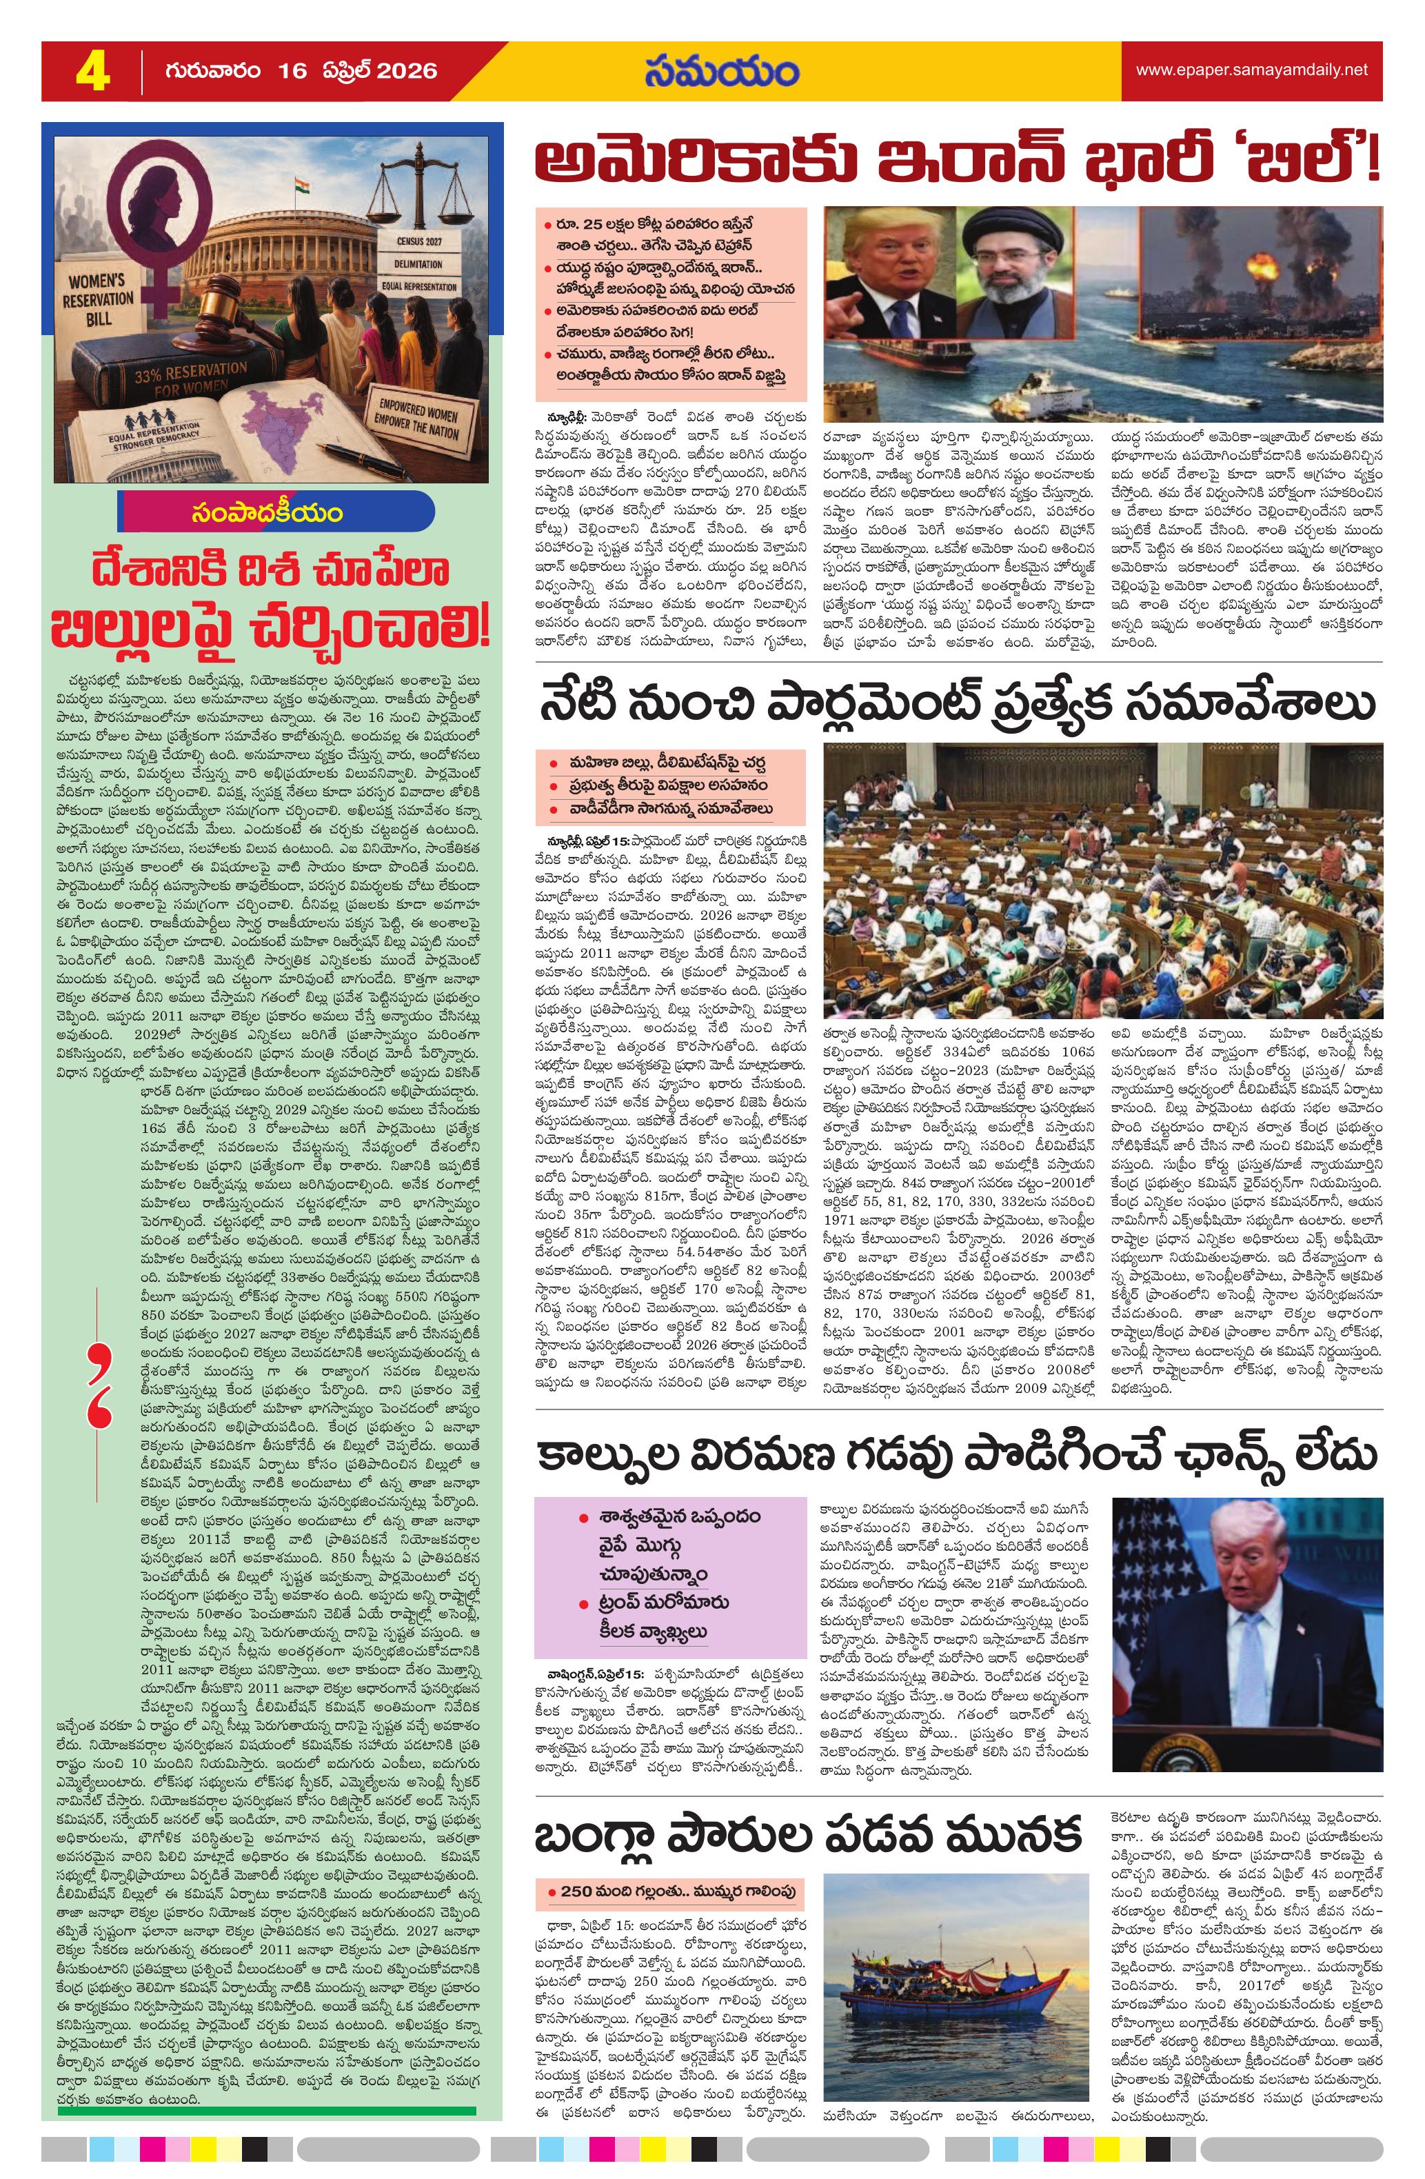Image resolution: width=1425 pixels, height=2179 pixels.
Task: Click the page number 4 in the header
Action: pos(92,72)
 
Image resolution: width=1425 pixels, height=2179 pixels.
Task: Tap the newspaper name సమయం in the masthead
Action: pos(720,72)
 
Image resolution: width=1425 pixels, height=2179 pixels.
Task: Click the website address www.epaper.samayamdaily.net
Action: pos(1251,70)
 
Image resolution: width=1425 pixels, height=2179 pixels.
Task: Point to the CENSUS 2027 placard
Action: pos(420,243)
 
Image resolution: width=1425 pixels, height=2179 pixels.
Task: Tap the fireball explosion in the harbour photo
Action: pos(1268,271)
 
